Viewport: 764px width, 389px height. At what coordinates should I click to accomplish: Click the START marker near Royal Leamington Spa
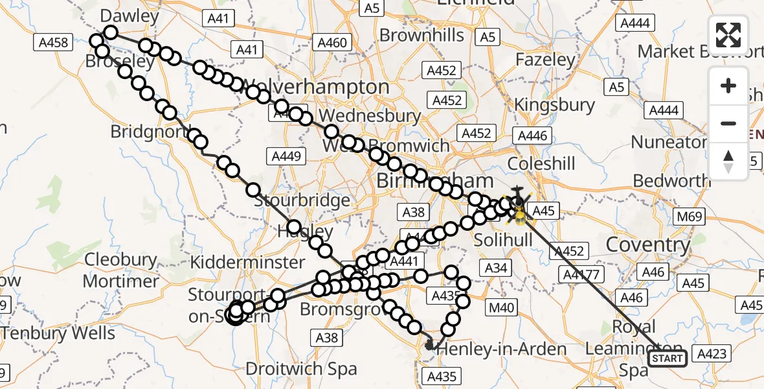[667, 358]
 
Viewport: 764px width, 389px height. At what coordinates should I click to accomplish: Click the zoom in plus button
[728, 86]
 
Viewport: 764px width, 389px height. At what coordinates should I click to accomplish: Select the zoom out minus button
[728, 123]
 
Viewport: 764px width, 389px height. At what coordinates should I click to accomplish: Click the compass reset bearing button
[728, 161]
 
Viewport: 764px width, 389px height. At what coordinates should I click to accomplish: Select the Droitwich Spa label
[301, 369]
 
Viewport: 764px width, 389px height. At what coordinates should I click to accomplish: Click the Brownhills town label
[421, 35]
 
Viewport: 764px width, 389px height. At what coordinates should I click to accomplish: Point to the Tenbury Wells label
[58, 334]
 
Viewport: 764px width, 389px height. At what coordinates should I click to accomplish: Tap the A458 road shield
[51, 43]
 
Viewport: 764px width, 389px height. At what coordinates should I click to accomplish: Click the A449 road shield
[286, 156]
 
